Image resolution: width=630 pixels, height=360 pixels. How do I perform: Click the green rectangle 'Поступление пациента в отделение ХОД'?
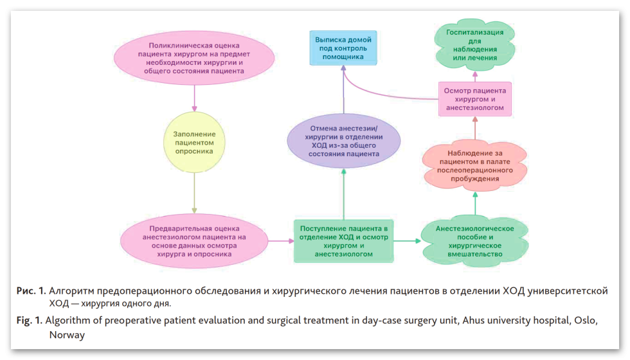(344, 241)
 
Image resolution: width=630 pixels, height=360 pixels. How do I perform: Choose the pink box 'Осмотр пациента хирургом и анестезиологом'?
(474, 100)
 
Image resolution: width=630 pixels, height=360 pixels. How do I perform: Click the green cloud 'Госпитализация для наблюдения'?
(474, 44)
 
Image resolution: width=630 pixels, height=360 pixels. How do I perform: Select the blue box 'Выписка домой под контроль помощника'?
(343, 48)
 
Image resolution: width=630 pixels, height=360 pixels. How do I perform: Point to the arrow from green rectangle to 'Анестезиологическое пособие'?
(407, 241)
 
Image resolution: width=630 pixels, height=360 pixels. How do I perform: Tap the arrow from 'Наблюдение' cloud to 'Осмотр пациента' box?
(474, 130)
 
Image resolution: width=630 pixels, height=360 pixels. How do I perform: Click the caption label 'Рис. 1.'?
(31, 291)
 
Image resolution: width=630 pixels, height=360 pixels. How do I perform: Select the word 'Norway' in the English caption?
(67, 335)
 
